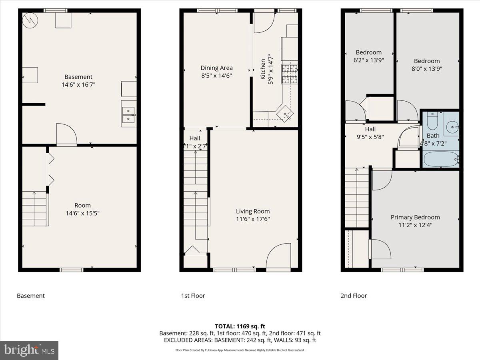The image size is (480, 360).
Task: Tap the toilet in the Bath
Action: tap(432, 120)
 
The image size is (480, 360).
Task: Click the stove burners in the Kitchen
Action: tap(290, 74)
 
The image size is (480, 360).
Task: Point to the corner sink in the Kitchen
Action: tap(286, 114)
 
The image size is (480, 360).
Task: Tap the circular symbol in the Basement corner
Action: tap(29, 21)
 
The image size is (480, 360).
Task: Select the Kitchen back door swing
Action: tap(263, 22)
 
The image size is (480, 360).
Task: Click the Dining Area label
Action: tap(216, 68)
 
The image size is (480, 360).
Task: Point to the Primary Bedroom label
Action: tap(415, 217)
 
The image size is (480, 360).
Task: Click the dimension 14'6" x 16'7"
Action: tap(78, 84)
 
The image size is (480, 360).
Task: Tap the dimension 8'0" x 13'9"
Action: tap(426, 68)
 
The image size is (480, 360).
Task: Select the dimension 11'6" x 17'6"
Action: tap(252, 219)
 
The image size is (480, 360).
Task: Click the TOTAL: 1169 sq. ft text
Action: tap(240, 326)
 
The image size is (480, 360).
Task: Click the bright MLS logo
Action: tap(29, 350)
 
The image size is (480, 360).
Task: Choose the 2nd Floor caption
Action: tap(354, 296)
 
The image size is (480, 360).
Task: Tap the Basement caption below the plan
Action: tap(31, 296)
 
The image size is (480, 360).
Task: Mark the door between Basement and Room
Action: tap(66, 135)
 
